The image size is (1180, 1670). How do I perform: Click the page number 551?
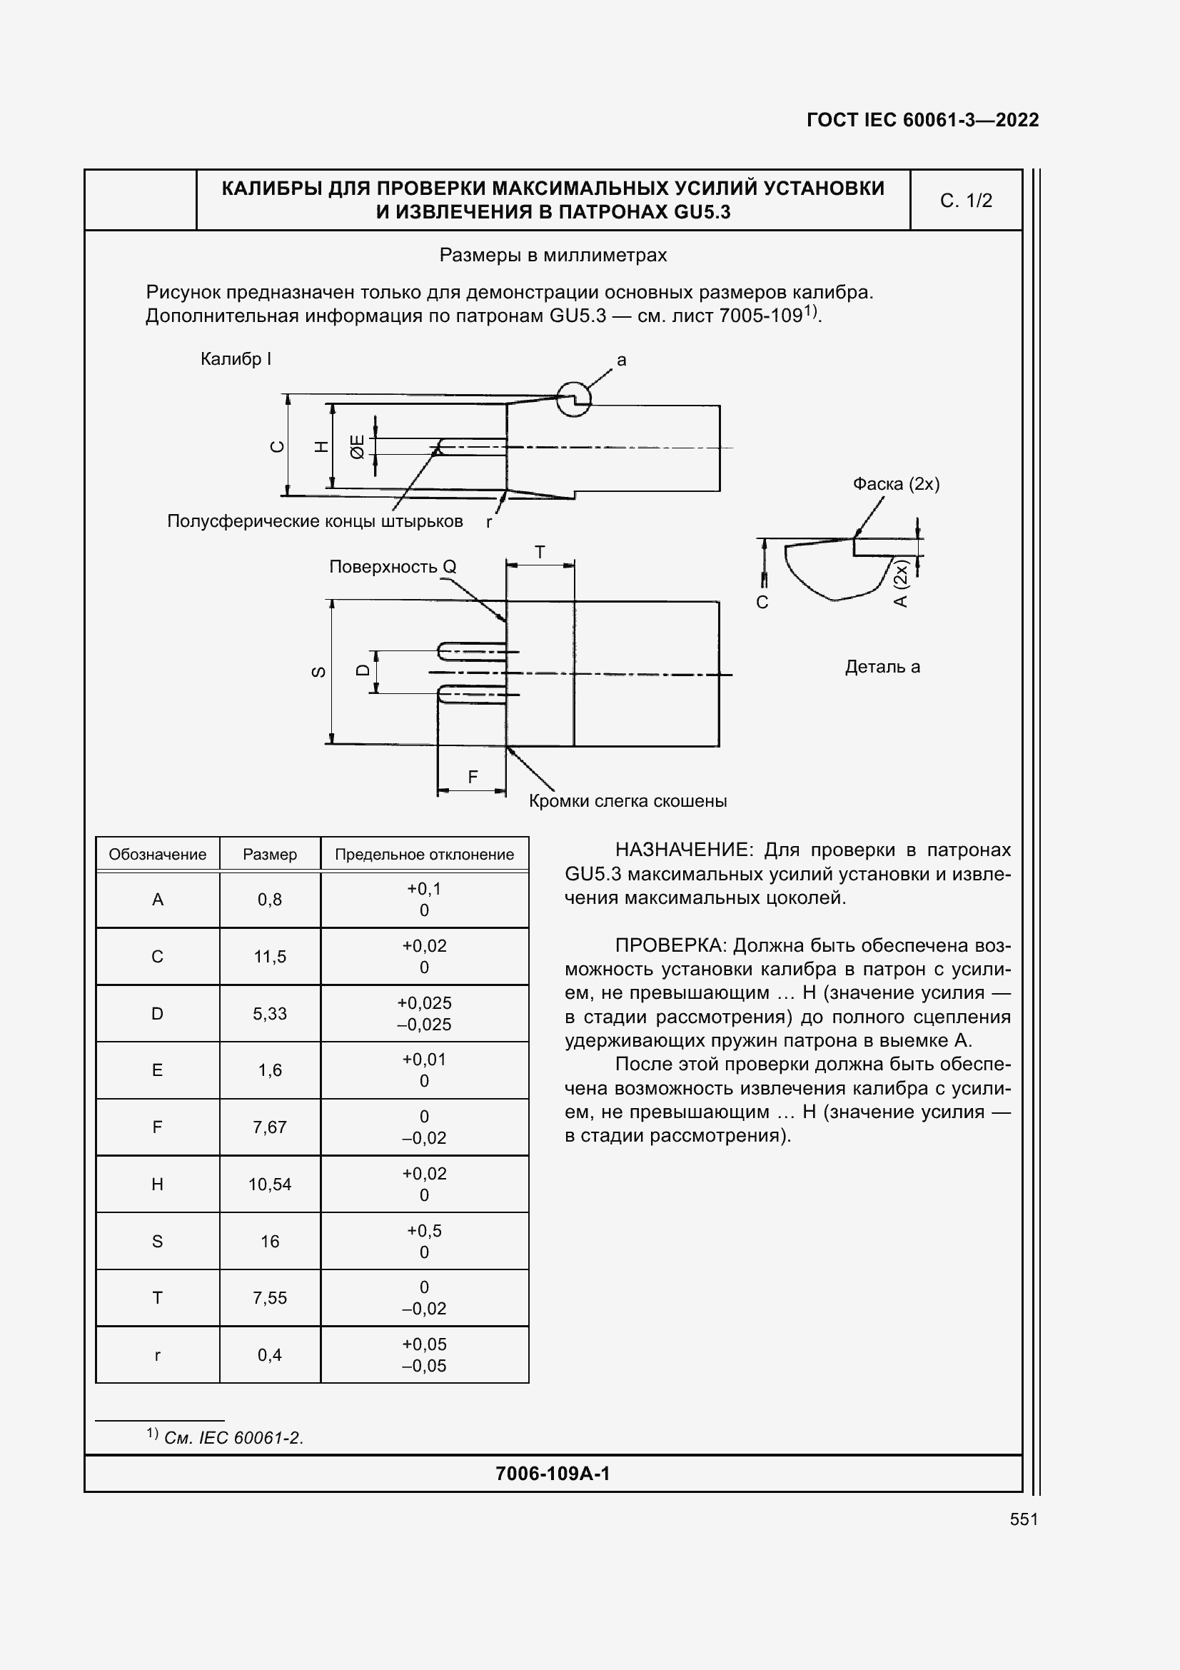(x=1023, y=1519)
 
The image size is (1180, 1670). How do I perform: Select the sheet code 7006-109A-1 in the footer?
(x=553, y=1474)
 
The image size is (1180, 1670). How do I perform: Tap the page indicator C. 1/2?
(x=966, y=201)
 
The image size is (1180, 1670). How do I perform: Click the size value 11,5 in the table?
(x=270, y=957)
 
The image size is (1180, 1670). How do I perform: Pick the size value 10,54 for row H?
(x=270, y=1184)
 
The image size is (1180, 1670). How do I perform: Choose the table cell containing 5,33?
(x=270, y=1013)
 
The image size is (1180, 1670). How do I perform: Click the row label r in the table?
(x=157, y=1355)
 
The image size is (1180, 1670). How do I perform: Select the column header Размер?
(x=270, y=855)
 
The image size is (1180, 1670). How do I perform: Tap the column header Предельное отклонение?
(x=424, y=855)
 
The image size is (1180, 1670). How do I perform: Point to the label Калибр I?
(x=236, y=359)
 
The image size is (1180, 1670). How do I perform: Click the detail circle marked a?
(x=574, y=398)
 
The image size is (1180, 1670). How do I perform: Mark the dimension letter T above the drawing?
(x=540, y=553)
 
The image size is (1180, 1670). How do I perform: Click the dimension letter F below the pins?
(x=473, y=778)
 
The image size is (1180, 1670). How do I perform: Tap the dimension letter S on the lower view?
(x=318, y=672)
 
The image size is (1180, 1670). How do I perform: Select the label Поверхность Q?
(x=393, y=567)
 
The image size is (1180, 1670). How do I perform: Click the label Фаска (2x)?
(x=896, y=484)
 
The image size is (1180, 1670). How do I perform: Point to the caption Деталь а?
(x=882, y=667)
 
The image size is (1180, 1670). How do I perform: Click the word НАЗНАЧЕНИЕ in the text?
(x=680, y=850)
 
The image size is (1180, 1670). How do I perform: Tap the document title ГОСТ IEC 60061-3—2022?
(x=922, y=120)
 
